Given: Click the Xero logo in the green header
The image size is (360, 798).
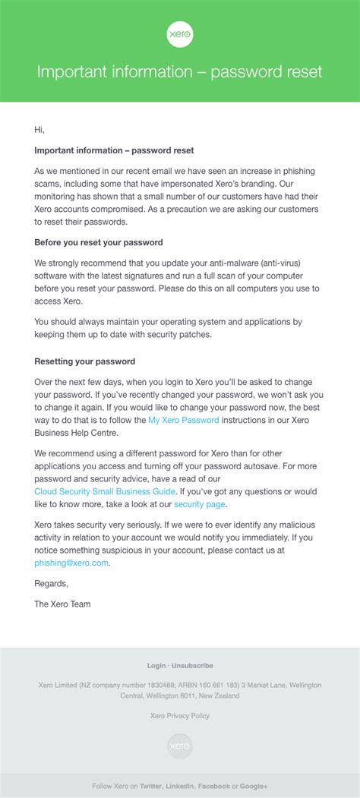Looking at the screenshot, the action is point(180,35).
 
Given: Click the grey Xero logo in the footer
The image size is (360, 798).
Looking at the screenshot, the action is point(180,746).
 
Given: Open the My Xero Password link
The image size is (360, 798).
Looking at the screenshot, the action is point(184,420).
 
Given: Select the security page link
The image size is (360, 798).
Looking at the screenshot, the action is point(200,503).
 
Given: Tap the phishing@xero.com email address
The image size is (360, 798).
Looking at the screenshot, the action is point(71,563).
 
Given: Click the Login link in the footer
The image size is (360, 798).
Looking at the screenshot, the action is point(156,666).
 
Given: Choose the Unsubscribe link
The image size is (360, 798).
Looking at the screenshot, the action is point(193,666).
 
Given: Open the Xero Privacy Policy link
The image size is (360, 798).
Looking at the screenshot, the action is point(180,715).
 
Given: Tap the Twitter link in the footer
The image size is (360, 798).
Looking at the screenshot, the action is point(150,786).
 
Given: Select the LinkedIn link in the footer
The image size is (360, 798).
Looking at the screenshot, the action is point(179,786).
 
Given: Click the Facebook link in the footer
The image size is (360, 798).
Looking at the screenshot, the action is point(213,786).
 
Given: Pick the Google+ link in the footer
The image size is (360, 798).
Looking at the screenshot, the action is point(254,786).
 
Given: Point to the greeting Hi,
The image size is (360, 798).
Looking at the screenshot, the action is point(39,130).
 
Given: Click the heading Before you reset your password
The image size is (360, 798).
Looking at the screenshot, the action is point(99,243).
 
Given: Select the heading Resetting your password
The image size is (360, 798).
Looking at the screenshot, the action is point(85,361).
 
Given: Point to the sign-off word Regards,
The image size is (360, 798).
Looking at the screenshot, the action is point(52,584).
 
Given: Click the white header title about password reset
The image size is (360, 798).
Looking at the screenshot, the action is point(180,72).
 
